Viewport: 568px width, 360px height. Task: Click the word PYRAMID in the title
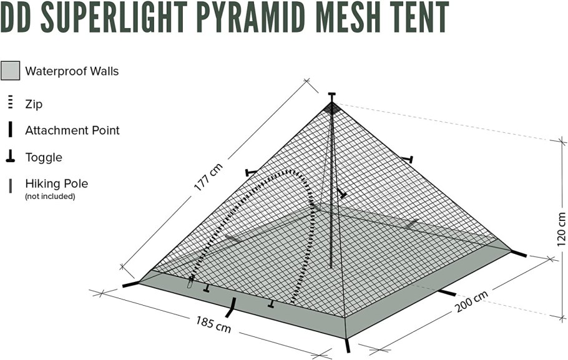tap(250, 17)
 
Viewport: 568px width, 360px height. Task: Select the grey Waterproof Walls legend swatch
tap(10, 71)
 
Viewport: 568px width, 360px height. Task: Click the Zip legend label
tap(34, 104)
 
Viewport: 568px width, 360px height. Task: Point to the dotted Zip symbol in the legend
tap(10, 102)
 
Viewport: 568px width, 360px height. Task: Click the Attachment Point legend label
tap(72, 130)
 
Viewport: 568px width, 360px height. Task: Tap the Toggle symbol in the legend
tap(10, 156)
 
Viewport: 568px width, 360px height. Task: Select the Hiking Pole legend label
tap(57, 183)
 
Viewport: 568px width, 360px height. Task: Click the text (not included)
tap(50, 197)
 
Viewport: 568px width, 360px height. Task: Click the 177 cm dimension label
tap(208, 177)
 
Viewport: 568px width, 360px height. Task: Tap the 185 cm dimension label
tap(213, 324)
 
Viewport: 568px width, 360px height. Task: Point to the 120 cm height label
tap(561, 229)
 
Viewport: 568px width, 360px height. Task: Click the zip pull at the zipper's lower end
tap(190, 282)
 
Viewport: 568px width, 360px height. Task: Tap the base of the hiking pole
tap(331, 266)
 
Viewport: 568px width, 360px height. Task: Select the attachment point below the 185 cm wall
tap(231, 308)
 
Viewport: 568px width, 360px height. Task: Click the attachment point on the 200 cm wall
tap(447, 293)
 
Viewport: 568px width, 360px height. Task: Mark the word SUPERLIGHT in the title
tap(114, 17)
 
